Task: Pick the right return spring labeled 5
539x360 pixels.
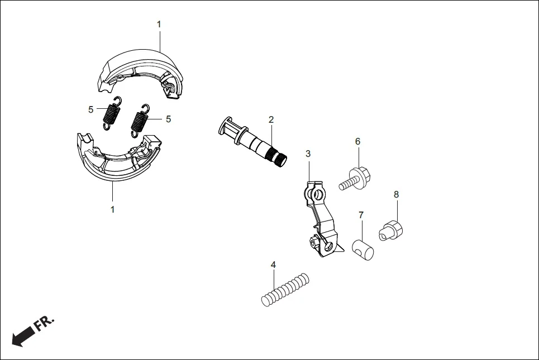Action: point(139,120)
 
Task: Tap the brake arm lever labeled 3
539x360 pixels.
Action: point(321,220)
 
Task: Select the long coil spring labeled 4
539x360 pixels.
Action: point(285,288)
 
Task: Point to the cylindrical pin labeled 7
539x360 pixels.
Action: point(363,247)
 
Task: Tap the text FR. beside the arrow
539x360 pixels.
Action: point(46,323)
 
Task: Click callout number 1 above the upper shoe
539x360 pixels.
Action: point(159,25)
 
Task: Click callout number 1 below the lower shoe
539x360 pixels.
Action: point(112,210)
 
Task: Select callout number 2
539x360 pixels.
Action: point(271,119)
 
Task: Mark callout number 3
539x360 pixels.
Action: point(308,153)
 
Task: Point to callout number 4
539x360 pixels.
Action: point(273,265)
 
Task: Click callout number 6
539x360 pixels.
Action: point(357,142)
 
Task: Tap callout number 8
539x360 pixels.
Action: point(396,194)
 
